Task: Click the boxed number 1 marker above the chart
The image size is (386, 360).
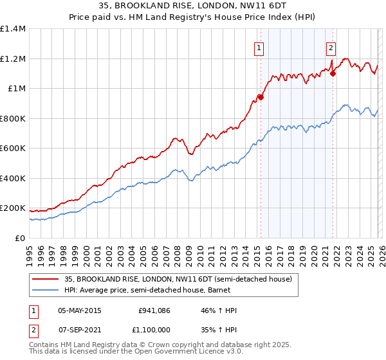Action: point(259,47)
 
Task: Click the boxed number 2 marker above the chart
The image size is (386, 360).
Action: point(331,47)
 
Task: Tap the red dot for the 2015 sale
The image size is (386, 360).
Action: point(261,97)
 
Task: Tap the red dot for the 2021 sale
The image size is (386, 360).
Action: point(333,73)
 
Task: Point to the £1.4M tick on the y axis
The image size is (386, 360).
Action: point(13,29)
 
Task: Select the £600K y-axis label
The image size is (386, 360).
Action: point(13,148)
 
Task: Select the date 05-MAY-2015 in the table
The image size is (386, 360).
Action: point(80,311)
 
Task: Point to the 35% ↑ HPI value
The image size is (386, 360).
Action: point(219,329)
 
